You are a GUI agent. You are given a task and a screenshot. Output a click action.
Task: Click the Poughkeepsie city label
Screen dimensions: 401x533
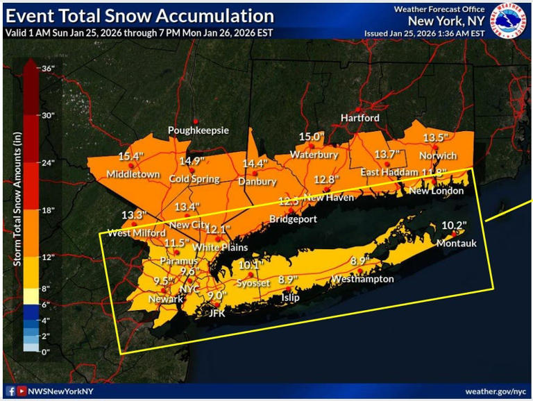click(x=198, y=130)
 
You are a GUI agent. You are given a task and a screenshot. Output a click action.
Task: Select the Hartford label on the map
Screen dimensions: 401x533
click(x=359, y=118)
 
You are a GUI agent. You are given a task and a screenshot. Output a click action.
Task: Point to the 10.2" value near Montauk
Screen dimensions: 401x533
click(x=454, y=225)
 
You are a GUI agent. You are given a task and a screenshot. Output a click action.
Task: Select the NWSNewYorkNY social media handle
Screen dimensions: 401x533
click(x=60, y=391)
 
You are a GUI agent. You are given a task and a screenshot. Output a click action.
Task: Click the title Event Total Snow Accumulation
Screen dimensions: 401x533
click(x=139, y=15)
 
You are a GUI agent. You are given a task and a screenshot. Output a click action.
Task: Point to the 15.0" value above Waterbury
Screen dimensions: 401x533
click(x=312, y=137)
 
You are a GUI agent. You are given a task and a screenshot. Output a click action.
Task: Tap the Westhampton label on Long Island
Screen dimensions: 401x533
click(x=362, y=279)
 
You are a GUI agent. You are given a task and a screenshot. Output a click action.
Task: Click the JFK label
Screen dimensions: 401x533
click(x=218, y=313)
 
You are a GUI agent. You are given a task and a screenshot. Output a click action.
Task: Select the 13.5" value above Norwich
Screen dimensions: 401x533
click(x=436, y=137)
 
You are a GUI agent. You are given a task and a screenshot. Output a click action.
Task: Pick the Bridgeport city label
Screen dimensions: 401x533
click(x=293, y=219)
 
